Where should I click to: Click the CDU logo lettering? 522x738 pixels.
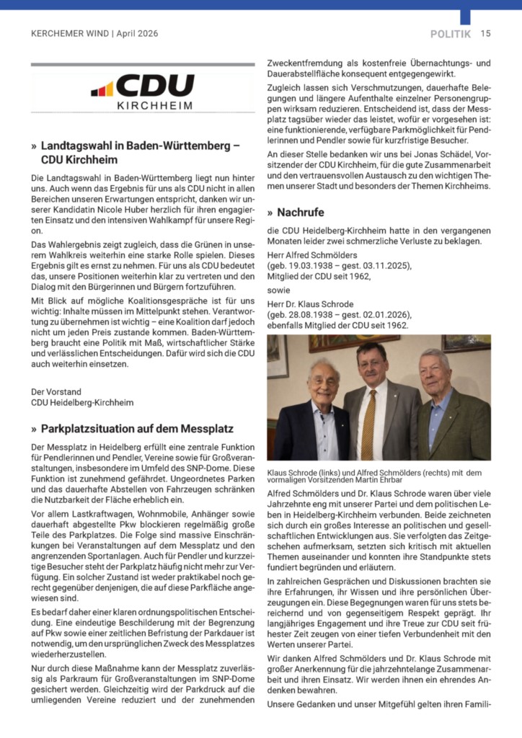(x=154, y=86)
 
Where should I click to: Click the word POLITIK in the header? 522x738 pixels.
(x=451, y=33)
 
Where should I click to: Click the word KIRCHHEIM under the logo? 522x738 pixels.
(x=154, y=106)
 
